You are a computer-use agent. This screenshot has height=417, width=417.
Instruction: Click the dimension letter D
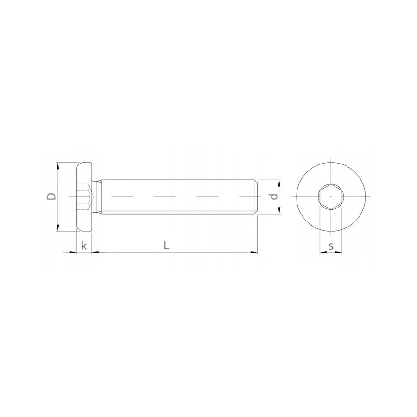click(x=52, y=196)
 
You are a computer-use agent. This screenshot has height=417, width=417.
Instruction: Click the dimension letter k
click(x=84, y=246)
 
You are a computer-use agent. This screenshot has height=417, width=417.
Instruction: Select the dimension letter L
click(x=166, y=246)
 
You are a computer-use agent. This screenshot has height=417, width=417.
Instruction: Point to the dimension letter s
click(x=331, y=246)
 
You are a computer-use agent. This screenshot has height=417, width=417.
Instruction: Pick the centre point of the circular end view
click(x=331, y=197)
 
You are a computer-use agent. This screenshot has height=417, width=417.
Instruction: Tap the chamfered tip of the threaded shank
click(x=255, y=197)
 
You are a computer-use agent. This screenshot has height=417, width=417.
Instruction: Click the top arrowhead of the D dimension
click(x=57, y=165)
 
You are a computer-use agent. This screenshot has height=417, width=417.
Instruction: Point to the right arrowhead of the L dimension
click(x=254, y=252)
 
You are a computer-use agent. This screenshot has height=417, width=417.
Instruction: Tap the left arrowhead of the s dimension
click(x=322, y=253)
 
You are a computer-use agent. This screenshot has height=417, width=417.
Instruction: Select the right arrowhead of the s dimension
click(x=339, y=253)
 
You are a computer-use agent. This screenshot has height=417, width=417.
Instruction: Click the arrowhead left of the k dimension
click(x=74, y=252)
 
